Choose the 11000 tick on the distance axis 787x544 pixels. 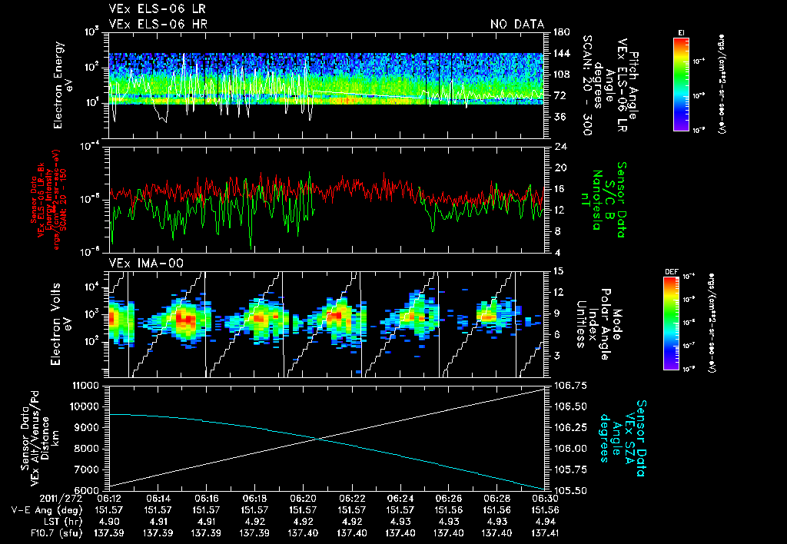click(86, 384)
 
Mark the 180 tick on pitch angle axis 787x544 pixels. click(560, 32)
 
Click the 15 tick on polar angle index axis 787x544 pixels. click(557, 270)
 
